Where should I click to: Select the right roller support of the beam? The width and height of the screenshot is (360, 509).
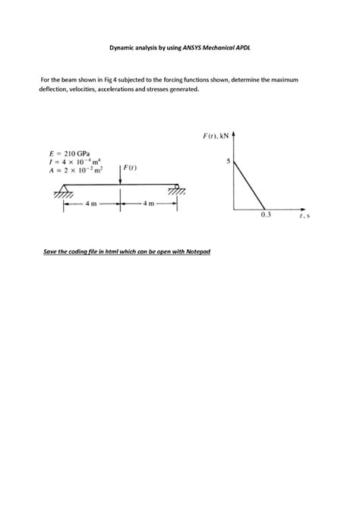pos(177,188)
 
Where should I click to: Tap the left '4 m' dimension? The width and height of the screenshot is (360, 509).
pos(91,203)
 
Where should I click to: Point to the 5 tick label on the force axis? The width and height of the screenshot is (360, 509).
pos(229,162)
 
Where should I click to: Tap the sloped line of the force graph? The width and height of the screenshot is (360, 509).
pos(250,185)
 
